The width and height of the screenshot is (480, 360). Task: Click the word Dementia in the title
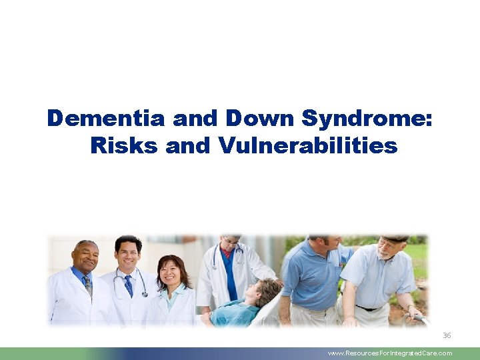tap(107, 119)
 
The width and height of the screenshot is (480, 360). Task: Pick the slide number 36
tap(447, 335)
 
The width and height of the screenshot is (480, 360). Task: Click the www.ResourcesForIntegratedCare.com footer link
tap(390, 353)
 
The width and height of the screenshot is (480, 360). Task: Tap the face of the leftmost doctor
tap(85, 257)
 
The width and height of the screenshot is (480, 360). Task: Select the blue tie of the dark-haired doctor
tap(128, 285)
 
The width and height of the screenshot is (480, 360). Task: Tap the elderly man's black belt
tap(370, 308)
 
